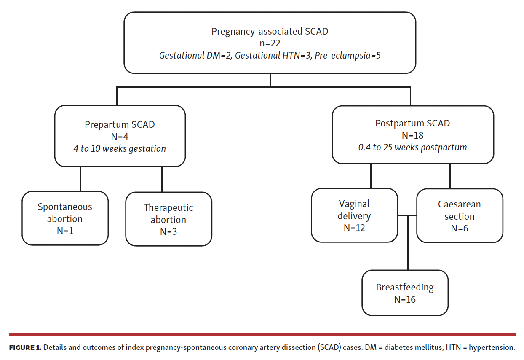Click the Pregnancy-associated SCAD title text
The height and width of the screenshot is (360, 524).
click(x=270, y=31)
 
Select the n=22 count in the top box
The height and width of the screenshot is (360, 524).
click(x=270, y=43)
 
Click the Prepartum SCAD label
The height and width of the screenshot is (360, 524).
click(x=120, y=124)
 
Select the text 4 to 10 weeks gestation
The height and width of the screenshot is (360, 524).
click(x=120, y=148)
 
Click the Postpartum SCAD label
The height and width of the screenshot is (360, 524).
click(x=412, y=123)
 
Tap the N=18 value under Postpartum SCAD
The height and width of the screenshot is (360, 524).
click(x=412, y=135)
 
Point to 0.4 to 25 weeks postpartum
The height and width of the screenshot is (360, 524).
click(x=412, y=148)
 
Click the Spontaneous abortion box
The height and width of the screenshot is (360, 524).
click(x=65, y=218)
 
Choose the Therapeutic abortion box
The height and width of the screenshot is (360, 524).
click(x=168, y=219)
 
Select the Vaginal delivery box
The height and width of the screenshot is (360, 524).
click(x=354, y=216)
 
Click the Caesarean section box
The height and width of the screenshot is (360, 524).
click(x=459, y=216)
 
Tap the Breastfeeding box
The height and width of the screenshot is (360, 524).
click(x=405, y=293)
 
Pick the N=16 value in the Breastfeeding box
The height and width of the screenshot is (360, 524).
click(x=405, y=299)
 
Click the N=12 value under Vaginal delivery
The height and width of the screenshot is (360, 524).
click(x=354, y=228)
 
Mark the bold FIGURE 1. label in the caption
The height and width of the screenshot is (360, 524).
click(x=25, y=348)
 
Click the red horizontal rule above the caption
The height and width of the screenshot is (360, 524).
click(x=262, y=335)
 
